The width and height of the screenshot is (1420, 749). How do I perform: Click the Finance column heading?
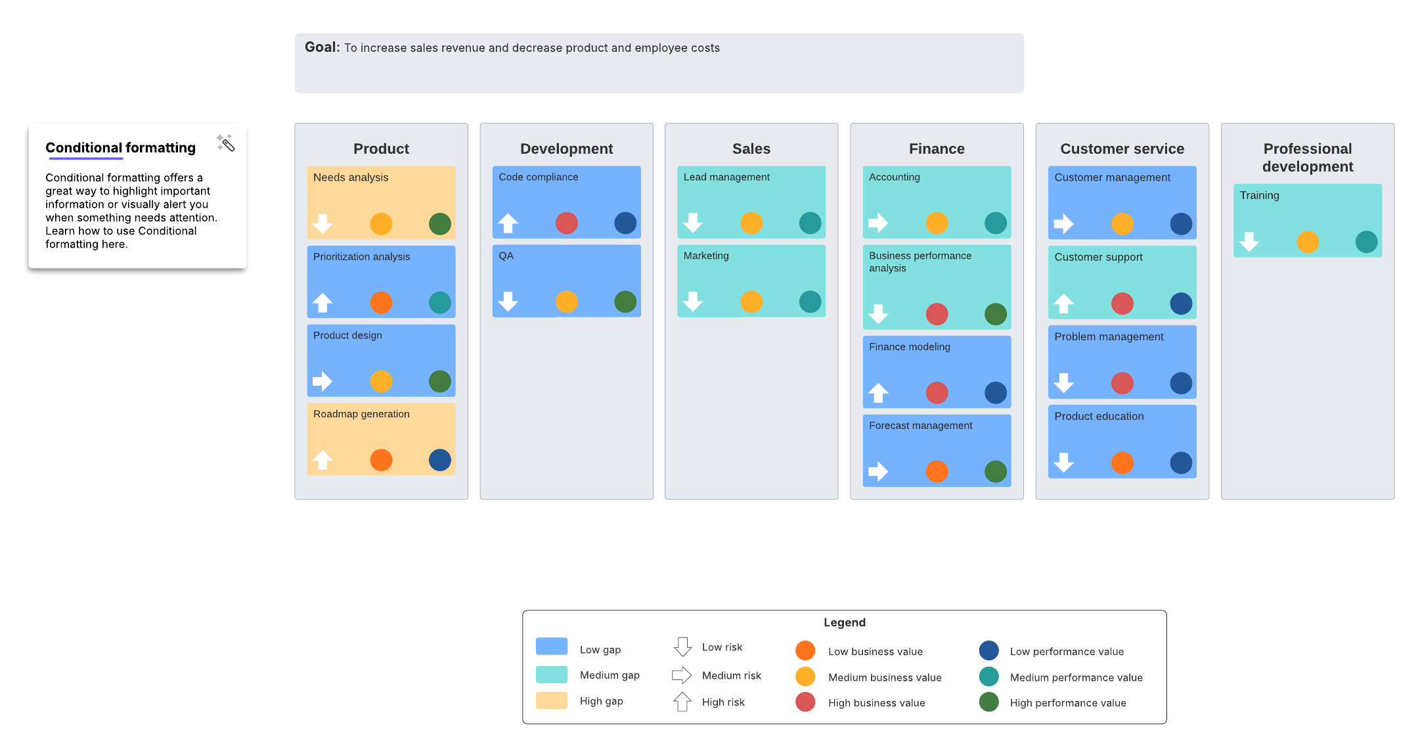tap(936, 148)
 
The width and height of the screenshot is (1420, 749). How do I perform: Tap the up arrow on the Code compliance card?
tap(508, 223)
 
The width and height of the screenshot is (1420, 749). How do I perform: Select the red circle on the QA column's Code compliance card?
tap(566, 223)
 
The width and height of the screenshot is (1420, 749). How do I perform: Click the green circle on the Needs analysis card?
tap(439, 224)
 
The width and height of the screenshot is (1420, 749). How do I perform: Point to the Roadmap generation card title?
tap(361, 414)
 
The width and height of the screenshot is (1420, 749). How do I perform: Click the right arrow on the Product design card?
tap(322, 381)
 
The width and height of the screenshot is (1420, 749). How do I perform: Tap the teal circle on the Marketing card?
tap(810, 302)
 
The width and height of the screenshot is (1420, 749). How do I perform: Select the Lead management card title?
tap(726, 177)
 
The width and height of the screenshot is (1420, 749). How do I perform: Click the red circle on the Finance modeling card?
tap(937, 393)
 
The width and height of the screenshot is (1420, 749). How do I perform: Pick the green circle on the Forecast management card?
tap(995, 471)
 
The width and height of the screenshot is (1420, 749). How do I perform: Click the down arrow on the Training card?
tap(1249, 242)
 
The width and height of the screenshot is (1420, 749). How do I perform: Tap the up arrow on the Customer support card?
tap(1063, 304)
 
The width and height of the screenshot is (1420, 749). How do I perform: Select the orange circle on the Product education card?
tap(1122, 463)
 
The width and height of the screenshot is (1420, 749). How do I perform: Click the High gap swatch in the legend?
tap(551, 700)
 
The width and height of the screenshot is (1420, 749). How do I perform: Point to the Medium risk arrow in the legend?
tap(682, 675)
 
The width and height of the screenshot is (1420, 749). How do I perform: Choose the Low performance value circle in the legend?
tap(988, 650)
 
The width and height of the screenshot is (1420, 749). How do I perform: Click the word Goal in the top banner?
tap(321, 47)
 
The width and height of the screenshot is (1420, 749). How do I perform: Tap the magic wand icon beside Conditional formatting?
tap(225, 143)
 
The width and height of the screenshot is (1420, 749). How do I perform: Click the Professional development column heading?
tap(1307, 158)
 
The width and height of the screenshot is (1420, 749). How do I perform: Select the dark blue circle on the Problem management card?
tap(1180, 383)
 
